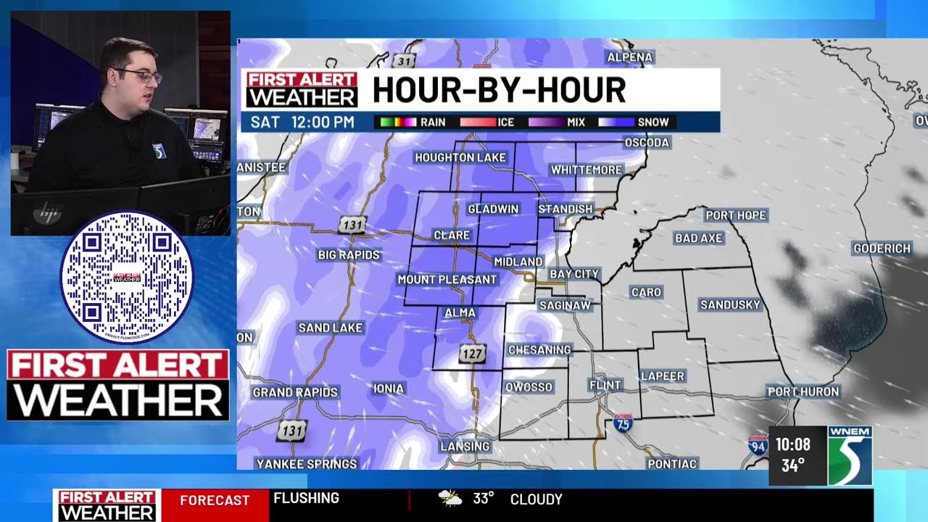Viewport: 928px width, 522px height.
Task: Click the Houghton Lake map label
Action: click(x=460, y=157)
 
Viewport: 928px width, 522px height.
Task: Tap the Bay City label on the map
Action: click(x=574, y=274)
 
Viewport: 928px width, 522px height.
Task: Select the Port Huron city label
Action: click(x=803, y=391)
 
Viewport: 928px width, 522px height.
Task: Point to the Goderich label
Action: click(x=882, y=248)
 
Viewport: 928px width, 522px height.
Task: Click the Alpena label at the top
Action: click(x=630, y=57)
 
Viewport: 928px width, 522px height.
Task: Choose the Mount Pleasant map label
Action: click(x=447, y=279)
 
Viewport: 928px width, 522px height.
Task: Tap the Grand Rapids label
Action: click(x=295, y=392)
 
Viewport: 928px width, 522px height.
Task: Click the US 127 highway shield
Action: click(x=471, y=354)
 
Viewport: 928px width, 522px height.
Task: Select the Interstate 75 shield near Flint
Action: click(x=623, y=423)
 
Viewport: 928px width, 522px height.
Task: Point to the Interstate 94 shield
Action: click(x=758, y=444)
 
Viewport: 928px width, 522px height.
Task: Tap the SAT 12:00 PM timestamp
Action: click(x=302, y=122)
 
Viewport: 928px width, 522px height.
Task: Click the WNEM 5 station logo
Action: click(x=850, y=455)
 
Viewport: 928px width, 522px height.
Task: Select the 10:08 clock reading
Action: click(x=792, y=444)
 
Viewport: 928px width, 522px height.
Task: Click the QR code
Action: click(x=126, y=277)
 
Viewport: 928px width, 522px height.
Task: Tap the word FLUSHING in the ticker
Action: click(x=306, y=498)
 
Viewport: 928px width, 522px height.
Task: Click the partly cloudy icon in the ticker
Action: click(x=449, y=498)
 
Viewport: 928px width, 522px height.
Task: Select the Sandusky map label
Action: click(x=729, y=304)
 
